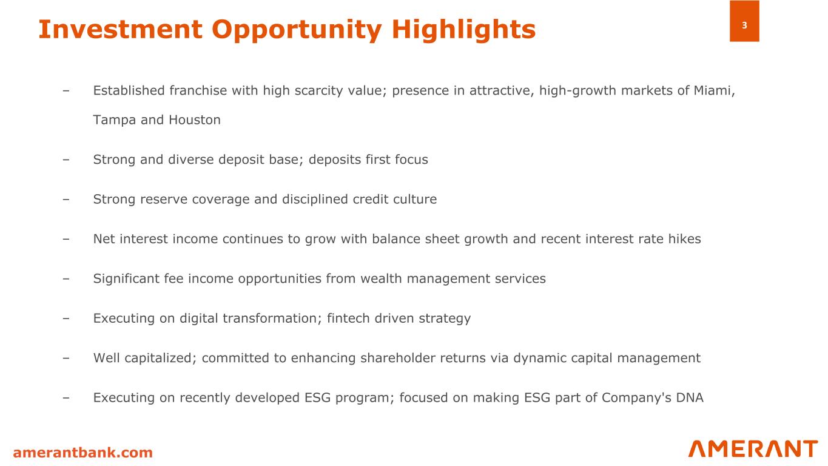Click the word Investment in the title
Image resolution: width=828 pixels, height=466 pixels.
(121, 29)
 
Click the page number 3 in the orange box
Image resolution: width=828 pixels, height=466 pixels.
(744, 25)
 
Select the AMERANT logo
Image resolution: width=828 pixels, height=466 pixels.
(753, 449)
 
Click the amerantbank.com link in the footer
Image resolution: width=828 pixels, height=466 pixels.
(82, 452)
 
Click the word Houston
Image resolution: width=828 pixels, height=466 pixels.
(195, 120)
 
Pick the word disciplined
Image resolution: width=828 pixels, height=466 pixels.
(315, 200)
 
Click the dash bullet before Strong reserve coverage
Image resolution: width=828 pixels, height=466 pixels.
(66, 200)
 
